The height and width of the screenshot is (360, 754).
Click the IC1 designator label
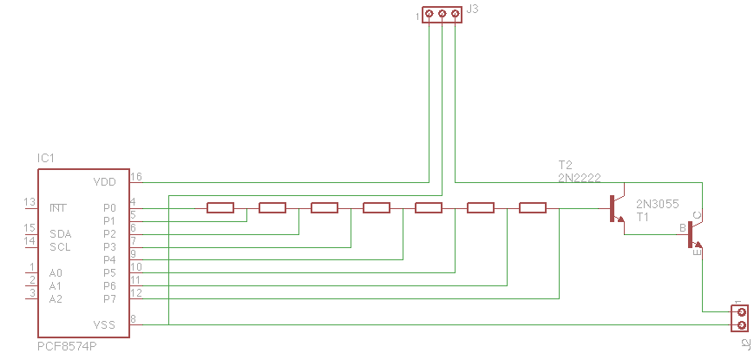(46, 159)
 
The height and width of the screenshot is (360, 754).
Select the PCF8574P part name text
(67, 345)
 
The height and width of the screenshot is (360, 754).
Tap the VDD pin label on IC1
(104, 182)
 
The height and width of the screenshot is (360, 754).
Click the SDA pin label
(60, 234)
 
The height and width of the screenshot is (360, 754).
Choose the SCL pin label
(60, 246)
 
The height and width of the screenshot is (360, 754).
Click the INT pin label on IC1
(58, 208)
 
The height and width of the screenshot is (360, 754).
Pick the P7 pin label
(109, 298)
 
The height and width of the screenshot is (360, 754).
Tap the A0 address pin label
(56, 272)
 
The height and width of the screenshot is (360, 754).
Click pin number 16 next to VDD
(135, 177)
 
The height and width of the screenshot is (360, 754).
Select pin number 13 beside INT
(30, 203)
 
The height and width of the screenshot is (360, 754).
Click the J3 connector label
(473, 10)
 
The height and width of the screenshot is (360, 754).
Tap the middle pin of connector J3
(442, 14)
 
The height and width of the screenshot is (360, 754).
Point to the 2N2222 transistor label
(580, 178)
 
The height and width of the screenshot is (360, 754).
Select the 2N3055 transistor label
(657, 204)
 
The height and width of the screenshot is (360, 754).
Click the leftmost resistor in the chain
(220, 207)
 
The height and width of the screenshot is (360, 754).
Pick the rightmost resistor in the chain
(533, 207)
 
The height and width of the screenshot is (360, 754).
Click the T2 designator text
(566, 165)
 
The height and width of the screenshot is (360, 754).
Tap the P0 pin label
(109, 208)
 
